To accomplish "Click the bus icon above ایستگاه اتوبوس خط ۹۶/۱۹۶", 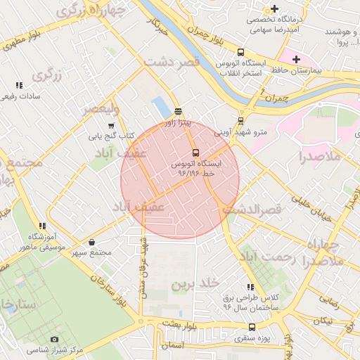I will [195, 153].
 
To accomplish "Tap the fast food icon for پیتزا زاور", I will [177, 111].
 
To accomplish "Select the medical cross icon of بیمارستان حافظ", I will [296, 60].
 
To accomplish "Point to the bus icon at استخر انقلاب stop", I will [241, 52].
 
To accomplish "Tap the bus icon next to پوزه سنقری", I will [252, 327].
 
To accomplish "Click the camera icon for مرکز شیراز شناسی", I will [55, 339].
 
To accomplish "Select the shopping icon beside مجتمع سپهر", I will [93, 243].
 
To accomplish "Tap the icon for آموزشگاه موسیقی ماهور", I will [42, 226].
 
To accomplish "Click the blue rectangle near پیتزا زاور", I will [161, 108].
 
